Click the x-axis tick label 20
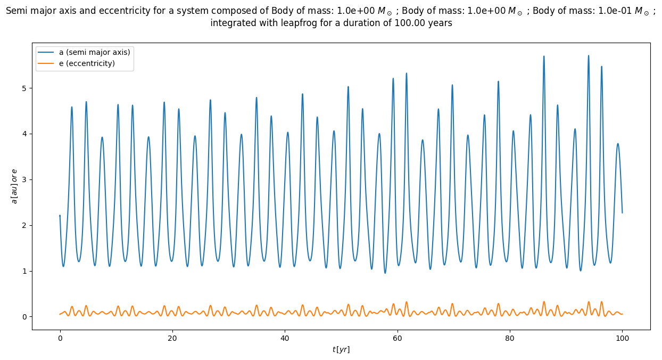172,337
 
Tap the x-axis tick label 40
285,337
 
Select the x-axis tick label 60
398,337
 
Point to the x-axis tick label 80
510,337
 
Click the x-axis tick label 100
622,337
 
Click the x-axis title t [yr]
341,349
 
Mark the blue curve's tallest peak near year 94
589,55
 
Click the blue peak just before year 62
407,73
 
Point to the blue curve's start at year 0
60,216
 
